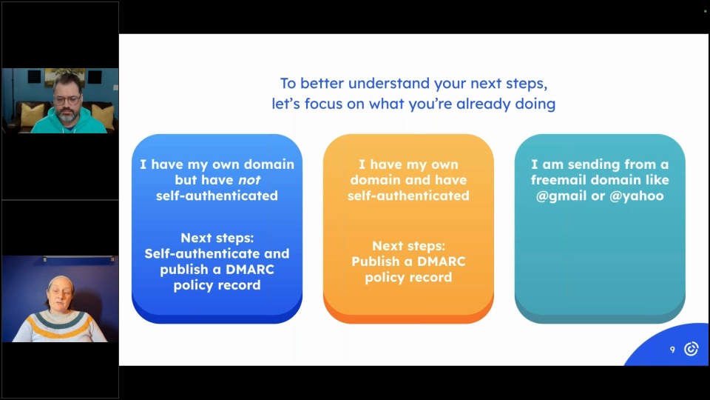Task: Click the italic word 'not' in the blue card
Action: coord(249,180)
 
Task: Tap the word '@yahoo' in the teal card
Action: coord(637,196)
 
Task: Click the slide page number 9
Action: coord(672,349)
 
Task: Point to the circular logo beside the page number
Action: coord(691,349)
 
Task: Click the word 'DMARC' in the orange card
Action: coord(441,261)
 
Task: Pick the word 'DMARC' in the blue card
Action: coord(250,270)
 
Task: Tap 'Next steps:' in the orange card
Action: coord(408,246)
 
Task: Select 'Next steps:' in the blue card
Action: coord(217,238)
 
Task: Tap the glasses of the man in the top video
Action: coord(67,99)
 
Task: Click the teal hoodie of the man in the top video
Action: coord(68,123)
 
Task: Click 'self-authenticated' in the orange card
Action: coord(408,196)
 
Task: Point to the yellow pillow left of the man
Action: coord(33,116)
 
